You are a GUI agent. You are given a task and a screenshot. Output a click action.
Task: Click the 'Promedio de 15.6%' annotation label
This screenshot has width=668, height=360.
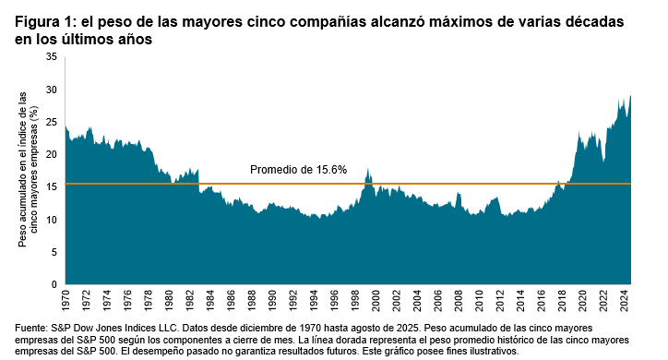298,170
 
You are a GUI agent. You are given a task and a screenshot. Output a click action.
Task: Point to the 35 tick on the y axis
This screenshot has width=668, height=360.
52,57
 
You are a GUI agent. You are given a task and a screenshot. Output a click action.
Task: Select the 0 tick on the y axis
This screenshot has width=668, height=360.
54,284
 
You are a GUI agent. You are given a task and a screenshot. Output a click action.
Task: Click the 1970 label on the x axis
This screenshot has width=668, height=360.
66,301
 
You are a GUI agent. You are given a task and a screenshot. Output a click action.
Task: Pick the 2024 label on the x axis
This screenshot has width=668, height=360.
624,301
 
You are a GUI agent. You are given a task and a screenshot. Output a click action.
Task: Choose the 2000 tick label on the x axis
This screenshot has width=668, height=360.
376,301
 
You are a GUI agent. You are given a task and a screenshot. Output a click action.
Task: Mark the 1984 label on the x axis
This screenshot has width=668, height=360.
211,301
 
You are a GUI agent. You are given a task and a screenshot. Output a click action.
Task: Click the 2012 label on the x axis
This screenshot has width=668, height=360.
500,301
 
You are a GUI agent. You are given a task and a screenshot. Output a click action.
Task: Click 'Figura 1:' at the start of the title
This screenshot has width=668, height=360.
45,21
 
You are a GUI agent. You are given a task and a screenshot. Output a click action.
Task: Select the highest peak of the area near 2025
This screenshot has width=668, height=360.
630,95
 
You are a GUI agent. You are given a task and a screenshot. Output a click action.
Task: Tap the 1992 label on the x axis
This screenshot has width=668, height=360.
293,301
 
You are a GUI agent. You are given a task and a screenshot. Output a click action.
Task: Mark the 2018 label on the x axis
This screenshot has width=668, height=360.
562,301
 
